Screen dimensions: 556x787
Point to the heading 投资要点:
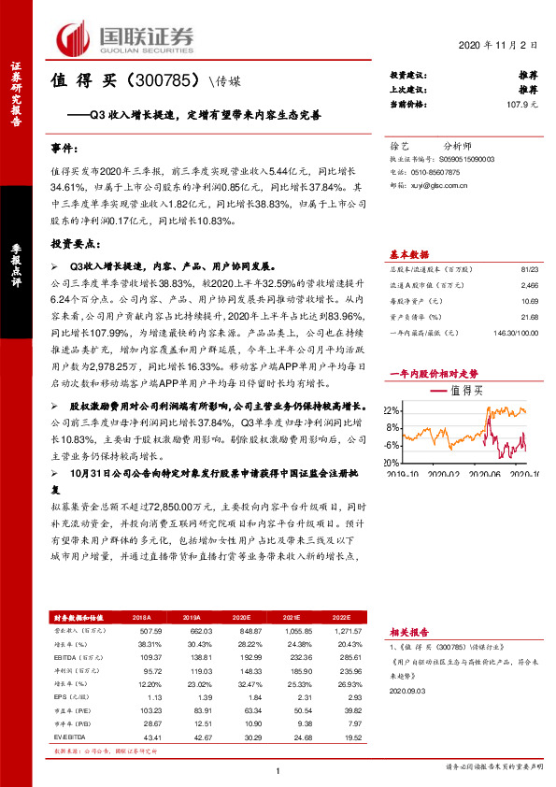[75, 242]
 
